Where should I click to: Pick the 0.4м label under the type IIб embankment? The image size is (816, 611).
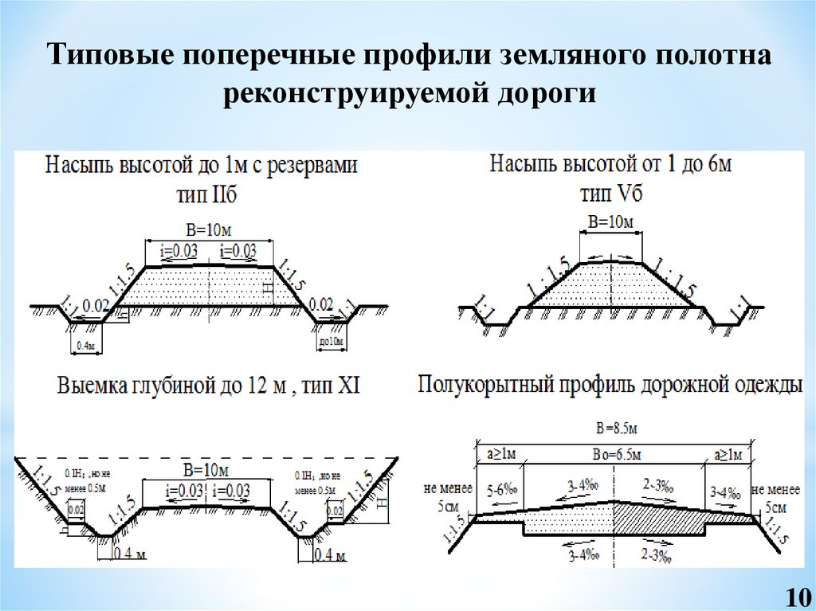[x=85, y=345]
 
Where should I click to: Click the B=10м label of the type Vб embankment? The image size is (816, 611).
[x=610, y=221]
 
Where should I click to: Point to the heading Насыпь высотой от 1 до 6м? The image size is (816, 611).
[x=610, y=166]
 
